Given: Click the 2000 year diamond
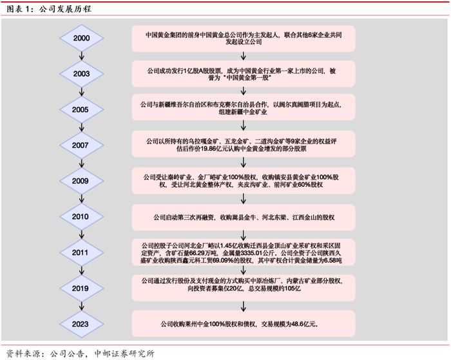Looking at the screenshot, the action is [82, 39].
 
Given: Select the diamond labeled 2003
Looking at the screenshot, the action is [82, 74].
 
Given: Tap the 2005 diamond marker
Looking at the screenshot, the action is [82, 109].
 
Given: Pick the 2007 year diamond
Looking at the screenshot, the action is [82, 146].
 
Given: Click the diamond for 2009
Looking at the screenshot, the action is [82, 181].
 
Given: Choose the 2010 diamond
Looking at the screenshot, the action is [82, 217].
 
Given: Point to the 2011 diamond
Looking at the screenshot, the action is [82, 253].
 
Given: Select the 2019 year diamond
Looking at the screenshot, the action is [82, 289].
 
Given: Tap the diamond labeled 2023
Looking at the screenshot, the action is [82, 325].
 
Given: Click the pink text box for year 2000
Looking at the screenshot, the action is [242, 39].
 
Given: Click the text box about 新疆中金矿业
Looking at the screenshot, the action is [242, 109].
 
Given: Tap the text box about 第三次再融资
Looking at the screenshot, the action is [242, 217].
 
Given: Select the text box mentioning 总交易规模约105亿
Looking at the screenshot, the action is [242, 288].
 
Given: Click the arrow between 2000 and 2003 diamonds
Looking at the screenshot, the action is [82, 57].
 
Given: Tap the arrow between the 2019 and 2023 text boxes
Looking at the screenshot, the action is [242, 306].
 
